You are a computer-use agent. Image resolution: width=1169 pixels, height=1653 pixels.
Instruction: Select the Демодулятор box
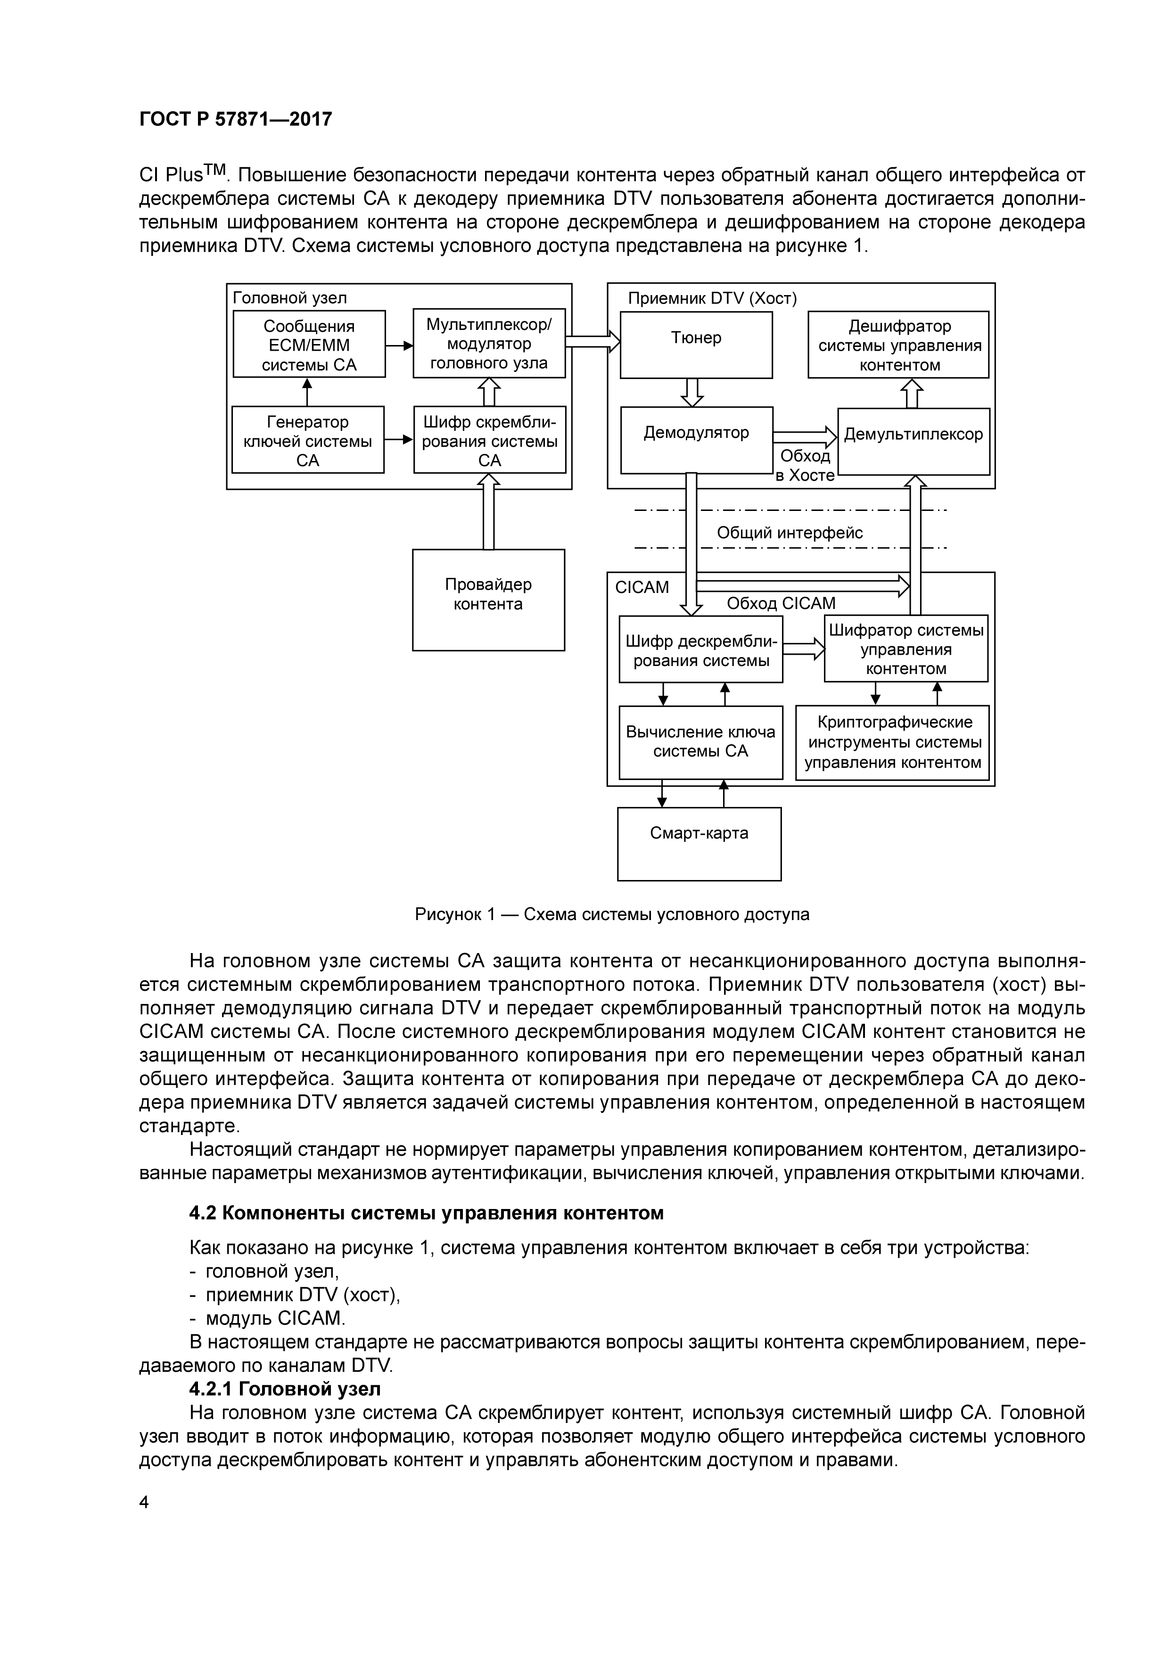(696, 439)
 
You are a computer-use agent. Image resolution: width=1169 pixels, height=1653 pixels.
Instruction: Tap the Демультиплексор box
(914, 441)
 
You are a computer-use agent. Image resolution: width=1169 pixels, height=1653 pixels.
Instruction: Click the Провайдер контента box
(488, 600)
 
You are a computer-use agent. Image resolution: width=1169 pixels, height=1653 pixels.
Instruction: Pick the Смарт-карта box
(699, 843)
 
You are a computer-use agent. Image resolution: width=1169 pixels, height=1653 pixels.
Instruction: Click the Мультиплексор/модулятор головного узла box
(489, 344)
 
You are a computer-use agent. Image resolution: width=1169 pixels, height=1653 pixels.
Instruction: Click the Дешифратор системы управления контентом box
(898, 345)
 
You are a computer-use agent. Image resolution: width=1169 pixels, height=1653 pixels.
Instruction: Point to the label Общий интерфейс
(789, 533)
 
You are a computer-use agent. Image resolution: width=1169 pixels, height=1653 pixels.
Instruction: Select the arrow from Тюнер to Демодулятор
(692, 392)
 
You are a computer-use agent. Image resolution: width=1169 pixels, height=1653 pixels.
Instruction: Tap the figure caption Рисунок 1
(612, 914)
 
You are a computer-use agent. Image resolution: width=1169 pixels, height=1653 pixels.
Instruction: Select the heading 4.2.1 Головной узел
(285, 1388)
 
